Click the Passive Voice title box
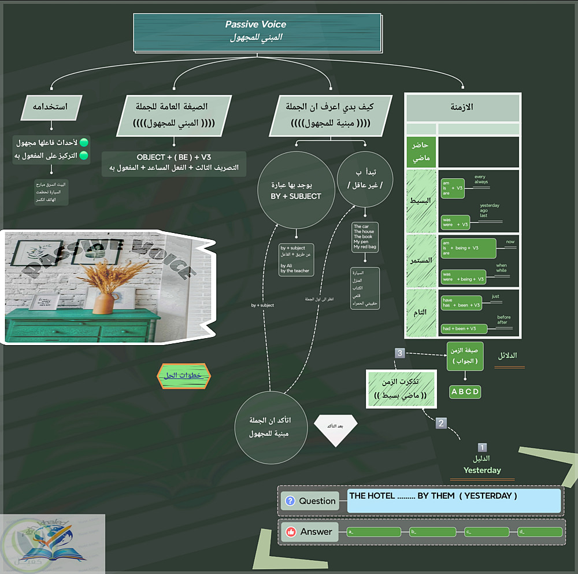point(257,32)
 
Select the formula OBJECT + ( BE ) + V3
point(174,158)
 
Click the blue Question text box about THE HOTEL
point(454,501)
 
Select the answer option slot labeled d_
point(540,532)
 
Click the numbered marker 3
point(399,353)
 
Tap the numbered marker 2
point(442,423)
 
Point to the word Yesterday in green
point(482,470)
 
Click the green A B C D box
point(465,392)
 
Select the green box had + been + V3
point(464,328)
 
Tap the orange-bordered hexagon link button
point(184,376)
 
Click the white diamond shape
point(335,427)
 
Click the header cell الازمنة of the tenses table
point(463,108)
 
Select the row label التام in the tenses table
point(422,312)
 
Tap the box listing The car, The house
point(365,236)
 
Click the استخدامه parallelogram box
point(51,107)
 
